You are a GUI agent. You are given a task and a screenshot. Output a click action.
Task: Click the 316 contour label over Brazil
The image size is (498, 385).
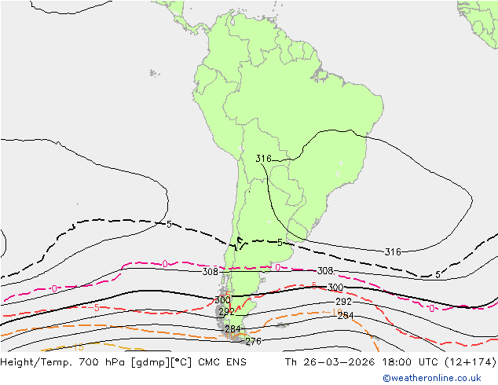point(263,159)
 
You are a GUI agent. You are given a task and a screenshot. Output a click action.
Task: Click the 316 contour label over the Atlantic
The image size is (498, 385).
point(393,252)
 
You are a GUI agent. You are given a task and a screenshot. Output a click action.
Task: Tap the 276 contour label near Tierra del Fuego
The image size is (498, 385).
point(253,342)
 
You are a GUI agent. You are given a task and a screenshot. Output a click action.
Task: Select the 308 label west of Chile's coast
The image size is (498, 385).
point(210,272)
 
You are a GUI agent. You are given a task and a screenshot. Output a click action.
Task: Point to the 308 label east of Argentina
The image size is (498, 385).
point(325,271)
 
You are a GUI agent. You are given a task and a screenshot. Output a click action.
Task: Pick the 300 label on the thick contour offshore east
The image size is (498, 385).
point(335,288)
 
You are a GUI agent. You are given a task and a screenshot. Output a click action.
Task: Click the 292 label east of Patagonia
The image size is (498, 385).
point(343,302)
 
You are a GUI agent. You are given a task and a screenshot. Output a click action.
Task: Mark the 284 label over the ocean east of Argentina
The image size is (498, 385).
point(346,316)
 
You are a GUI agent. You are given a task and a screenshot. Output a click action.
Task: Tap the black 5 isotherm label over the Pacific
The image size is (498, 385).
point(169,225)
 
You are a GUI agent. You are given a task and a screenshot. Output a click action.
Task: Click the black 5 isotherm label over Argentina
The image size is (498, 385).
point(280,243)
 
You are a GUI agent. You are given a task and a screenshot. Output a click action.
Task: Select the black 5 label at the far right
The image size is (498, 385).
point(438,274)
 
